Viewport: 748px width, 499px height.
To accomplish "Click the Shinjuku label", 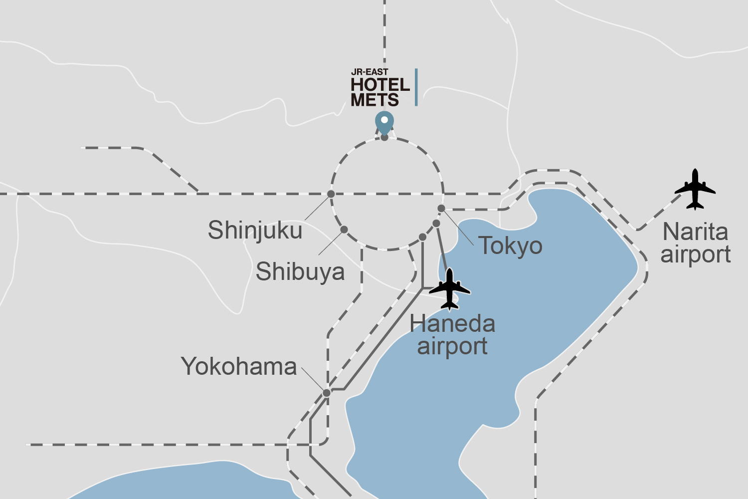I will [255, 231].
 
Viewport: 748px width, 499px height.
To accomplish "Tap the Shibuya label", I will [300, 272].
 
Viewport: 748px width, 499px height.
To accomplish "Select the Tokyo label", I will [510, 246].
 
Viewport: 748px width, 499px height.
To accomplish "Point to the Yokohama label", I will [239, 367].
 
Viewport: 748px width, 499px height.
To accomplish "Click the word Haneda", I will [452, 324].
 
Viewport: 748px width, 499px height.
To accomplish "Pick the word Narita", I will [695, 232].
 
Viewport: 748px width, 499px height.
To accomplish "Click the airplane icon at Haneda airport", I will [450, 289].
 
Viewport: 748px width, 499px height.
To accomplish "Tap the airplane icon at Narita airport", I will [695, 189].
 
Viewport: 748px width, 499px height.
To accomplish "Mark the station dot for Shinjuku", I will [331, 194].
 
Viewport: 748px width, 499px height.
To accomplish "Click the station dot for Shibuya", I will [344, 230].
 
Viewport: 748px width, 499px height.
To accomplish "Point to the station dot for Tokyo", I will [441, 208].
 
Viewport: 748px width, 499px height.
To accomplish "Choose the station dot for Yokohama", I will [327, 393].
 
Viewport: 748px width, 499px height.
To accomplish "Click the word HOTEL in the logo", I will [380, 85].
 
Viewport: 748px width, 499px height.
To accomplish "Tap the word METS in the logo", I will [374, 100].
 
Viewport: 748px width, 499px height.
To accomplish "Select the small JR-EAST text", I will [370, 72].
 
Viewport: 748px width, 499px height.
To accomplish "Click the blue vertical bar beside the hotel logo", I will [416, 87].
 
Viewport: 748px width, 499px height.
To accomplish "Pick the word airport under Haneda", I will [452, 346].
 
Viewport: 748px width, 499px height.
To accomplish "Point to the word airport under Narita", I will [696, 254].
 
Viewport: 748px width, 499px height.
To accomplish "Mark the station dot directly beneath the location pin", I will [384, 137].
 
